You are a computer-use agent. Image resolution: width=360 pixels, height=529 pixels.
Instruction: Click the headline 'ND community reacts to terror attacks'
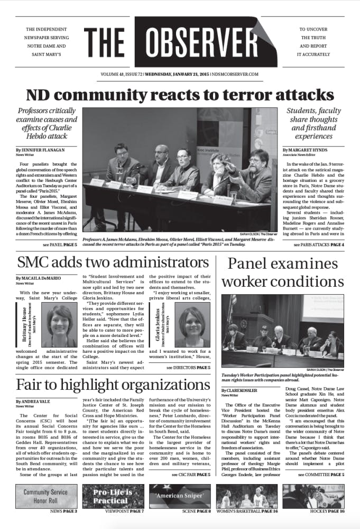coord(180,96)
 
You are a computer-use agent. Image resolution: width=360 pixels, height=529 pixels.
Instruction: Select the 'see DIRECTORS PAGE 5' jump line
coord(188,367)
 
